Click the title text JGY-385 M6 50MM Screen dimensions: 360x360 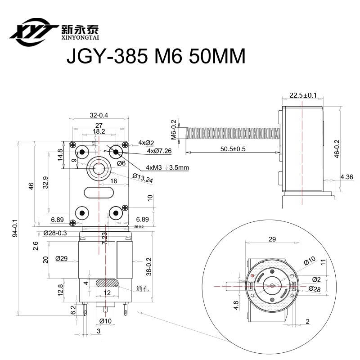155,57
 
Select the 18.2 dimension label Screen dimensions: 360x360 99,131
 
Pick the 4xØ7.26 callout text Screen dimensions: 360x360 159,151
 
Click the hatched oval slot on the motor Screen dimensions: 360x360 106,283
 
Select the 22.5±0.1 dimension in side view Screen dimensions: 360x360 302,95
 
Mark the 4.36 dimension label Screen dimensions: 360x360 346,177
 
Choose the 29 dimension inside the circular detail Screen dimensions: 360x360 272,239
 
